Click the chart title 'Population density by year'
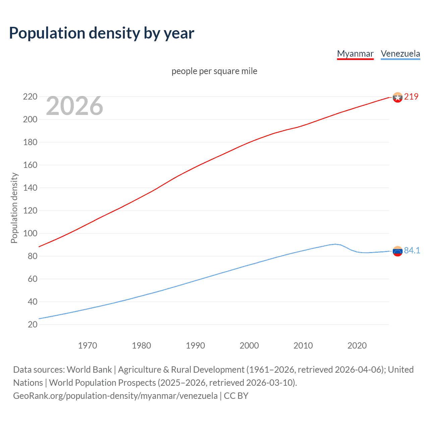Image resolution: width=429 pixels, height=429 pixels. coord(102,33)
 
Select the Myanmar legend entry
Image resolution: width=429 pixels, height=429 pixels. coord(355,54)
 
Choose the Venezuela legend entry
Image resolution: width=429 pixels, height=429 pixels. coord(400,54)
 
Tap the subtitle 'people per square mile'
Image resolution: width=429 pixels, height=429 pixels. coord(214,71)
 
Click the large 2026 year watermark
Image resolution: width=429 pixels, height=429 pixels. coord(74,106)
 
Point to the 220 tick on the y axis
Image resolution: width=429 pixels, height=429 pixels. coord(30,97)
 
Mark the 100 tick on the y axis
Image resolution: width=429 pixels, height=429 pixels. coord(30,233)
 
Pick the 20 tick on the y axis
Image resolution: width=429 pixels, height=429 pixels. coord(33,324)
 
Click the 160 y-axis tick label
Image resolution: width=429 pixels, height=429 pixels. coord(30,165)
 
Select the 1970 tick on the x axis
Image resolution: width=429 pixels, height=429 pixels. coord(87,346)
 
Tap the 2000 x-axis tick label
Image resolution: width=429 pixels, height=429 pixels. coord(249,346)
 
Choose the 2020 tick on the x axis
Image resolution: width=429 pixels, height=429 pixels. coord(357,346)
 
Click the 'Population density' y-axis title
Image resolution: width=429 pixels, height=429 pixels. coord(14,208)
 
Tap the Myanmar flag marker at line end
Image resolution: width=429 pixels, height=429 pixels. coord(397,97)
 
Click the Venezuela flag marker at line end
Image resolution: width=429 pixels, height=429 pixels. coord(397,251)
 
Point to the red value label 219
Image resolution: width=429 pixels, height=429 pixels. coord(411,97)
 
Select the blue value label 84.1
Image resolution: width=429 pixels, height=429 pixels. coord(412,250)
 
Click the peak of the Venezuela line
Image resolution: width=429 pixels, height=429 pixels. coord(335,244)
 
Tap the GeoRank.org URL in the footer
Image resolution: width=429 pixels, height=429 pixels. coord(115,396)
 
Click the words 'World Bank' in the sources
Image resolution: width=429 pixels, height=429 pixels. coord(89,370)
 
